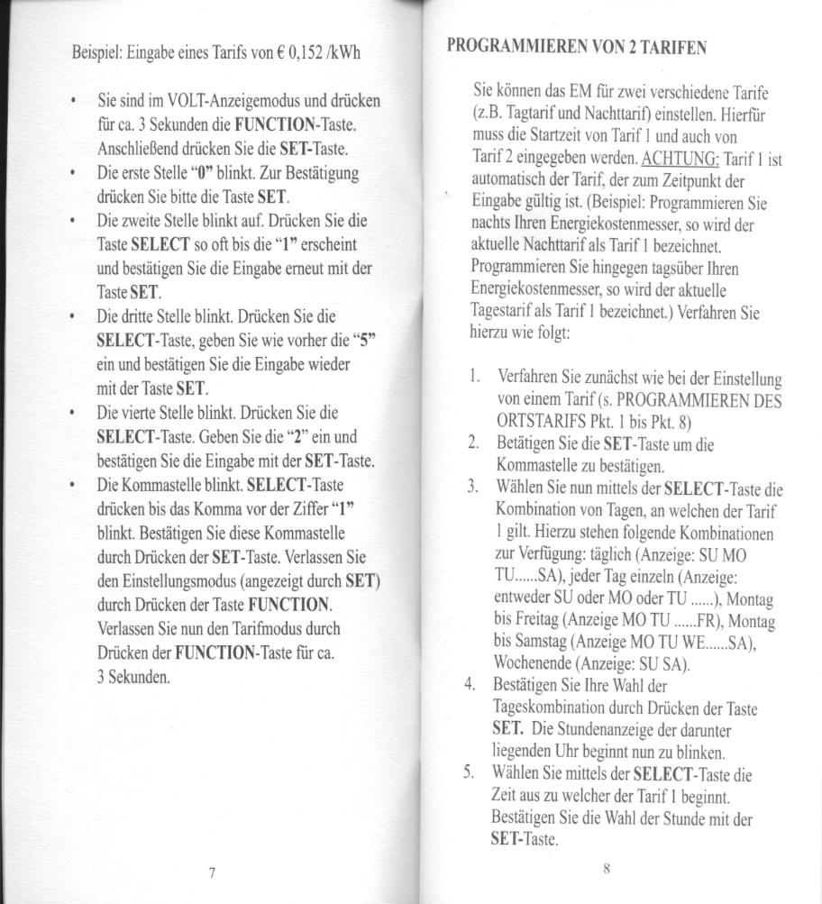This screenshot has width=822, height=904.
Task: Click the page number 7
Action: tap(209, 872)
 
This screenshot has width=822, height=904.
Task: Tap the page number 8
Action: tap(607, 869)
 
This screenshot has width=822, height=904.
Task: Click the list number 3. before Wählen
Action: tap(471, 489)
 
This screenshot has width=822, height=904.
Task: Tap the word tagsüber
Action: tap(664, 269)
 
